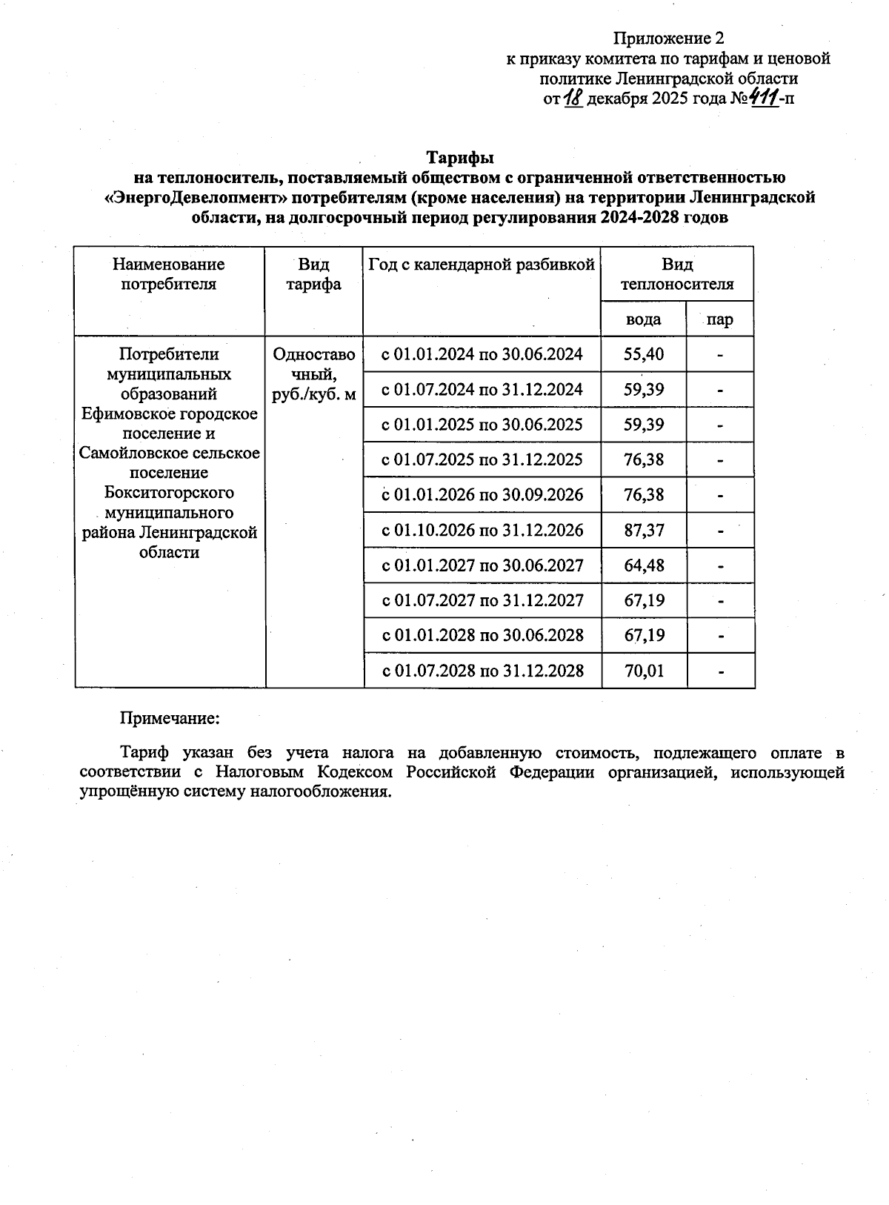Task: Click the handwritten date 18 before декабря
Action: tap(573, 97)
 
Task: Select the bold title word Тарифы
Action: tap(459, 158)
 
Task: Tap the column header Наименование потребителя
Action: tap(169, 274)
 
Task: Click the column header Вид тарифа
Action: tap(314, 274)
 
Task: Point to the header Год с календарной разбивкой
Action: tap(482, 265)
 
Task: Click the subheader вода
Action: tap(643, 319)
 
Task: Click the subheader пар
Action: tap(719, 319)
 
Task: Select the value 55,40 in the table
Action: tap(643, 354)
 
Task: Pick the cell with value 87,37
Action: tap(643, 531)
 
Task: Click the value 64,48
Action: tap(643, 566)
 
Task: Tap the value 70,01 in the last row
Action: tap(643, 671)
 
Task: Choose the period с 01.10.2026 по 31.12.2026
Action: tap(482, 531)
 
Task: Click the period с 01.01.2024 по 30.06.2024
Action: tap(482, 354)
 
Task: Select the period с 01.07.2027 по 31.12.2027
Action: tap(482, 600)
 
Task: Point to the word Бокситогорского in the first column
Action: tap(169, 493)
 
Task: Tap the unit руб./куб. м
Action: tap(314, 395)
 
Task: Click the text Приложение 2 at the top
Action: tap(667, 38)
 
